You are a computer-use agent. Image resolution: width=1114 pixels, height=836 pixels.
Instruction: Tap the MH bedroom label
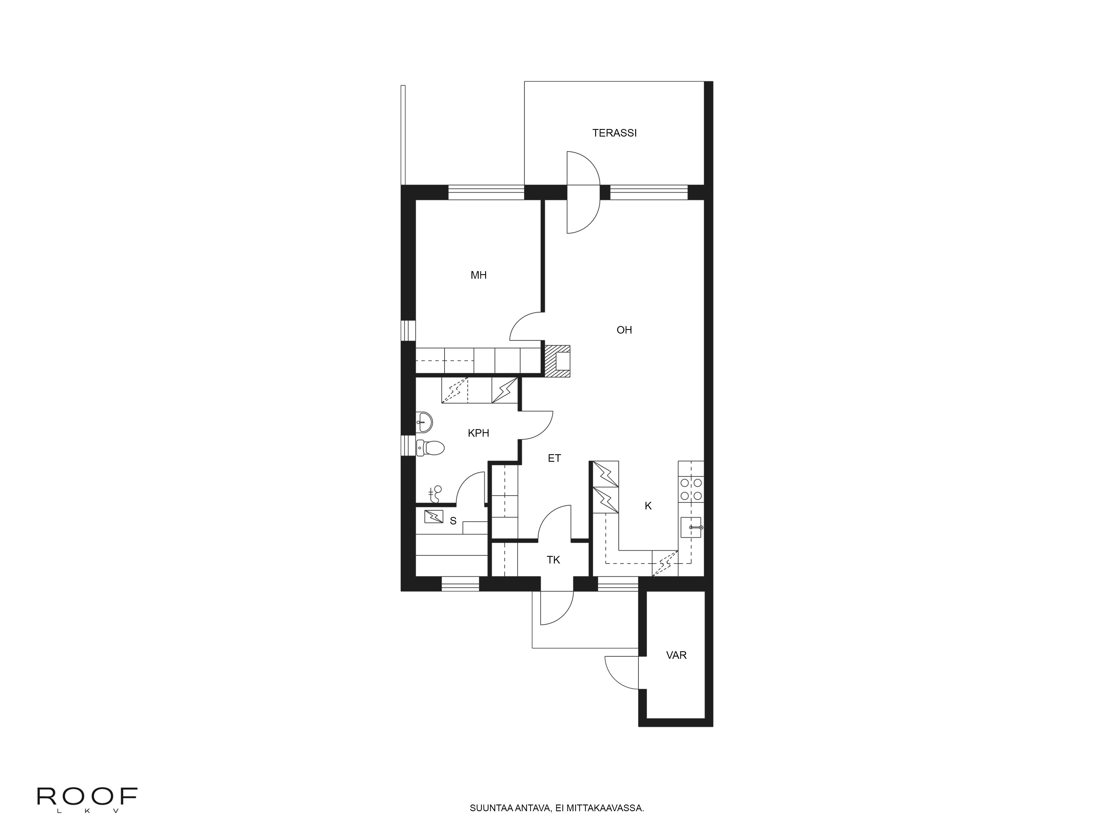(x=478, y=275)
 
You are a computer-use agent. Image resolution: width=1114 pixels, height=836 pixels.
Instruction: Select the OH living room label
(x=624, y=330)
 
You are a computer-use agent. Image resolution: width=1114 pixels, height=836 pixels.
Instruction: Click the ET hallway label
(x=554, y=458)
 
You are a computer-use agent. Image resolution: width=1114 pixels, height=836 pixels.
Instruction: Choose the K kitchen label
(x=648, y=506)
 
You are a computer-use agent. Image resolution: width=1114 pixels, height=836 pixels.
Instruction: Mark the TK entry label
(x=553, y=560)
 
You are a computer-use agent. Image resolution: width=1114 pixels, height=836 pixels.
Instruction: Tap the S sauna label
(x=453, y=521)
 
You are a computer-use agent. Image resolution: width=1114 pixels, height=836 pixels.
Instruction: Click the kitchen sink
(x=690, y=527)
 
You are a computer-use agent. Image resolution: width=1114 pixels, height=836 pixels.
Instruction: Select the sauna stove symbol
(x=434, y=517)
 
